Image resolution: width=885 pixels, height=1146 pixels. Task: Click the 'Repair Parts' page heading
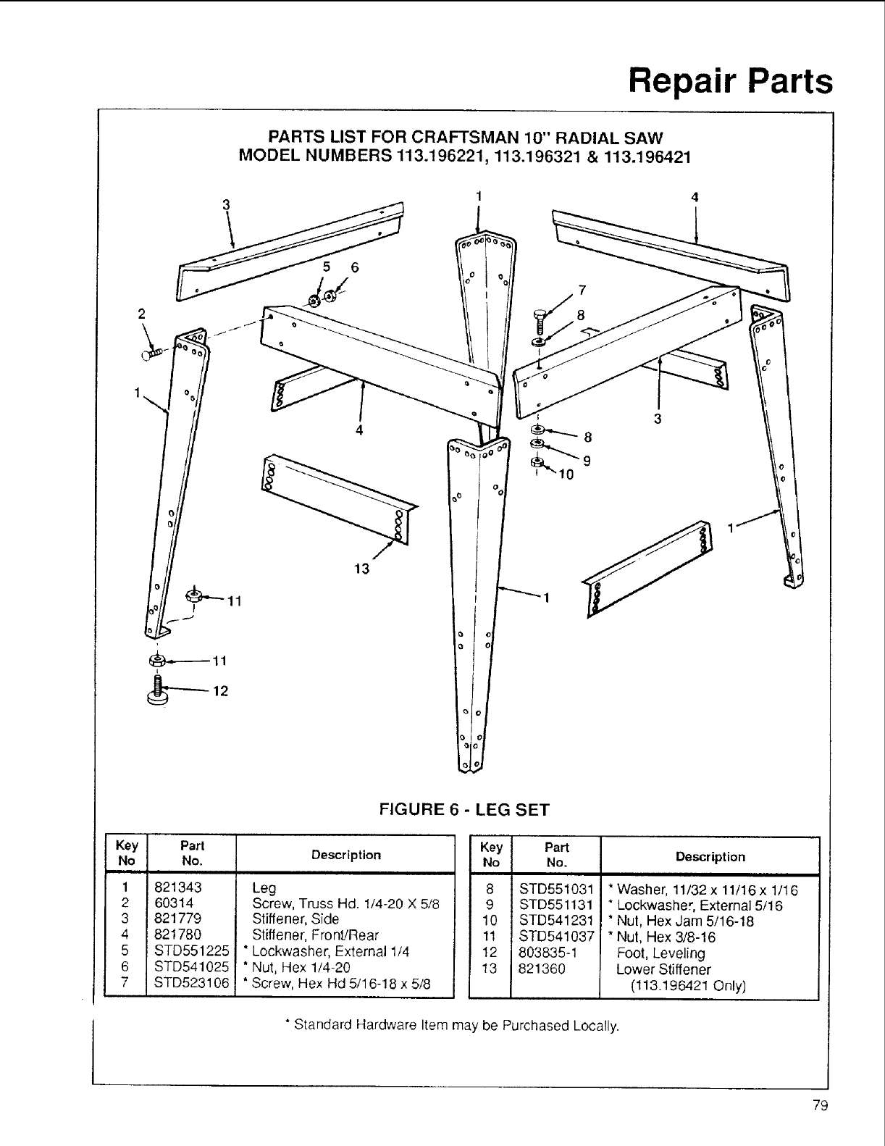click(x=730, y=81)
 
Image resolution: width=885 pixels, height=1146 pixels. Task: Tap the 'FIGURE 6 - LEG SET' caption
click(x=464, y=809)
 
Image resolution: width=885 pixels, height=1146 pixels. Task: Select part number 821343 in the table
click(x=177, y=887)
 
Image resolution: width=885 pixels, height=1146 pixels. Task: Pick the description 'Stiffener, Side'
click(x=295, y=919)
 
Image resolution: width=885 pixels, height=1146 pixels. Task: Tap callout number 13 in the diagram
click(x=361, y=569)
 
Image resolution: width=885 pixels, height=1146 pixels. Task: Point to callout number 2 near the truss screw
click(x=142, y=314)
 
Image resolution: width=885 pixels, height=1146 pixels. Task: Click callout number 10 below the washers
click(x=566, y=475)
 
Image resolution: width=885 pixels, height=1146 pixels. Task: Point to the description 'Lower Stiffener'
click(x=663, y=969)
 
